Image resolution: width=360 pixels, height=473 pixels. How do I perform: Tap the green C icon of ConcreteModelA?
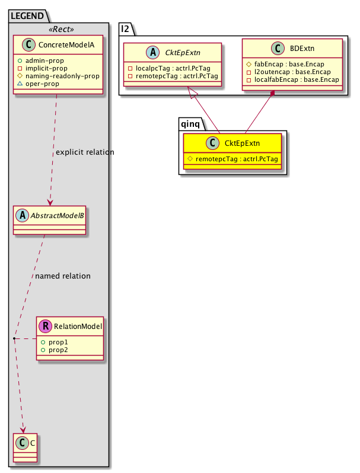(x=26, y=46)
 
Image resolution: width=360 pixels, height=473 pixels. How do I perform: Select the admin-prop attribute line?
(x=53, y=60)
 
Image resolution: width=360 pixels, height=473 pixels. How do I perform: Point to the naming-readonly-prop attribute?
(x=62, y=76)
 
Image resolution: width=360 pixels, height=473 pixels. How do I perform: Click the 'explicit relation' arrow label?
(x=85, y=152)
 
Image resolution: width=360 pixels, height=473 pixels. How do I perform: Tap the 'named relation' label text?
(x=63, y=276)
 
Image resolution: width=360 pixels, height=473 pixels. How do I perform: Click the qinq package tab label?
(x=192, y=123)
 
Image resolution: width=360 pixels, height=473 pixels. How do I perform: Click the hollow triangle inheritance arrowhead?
(x=190, y=91)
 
